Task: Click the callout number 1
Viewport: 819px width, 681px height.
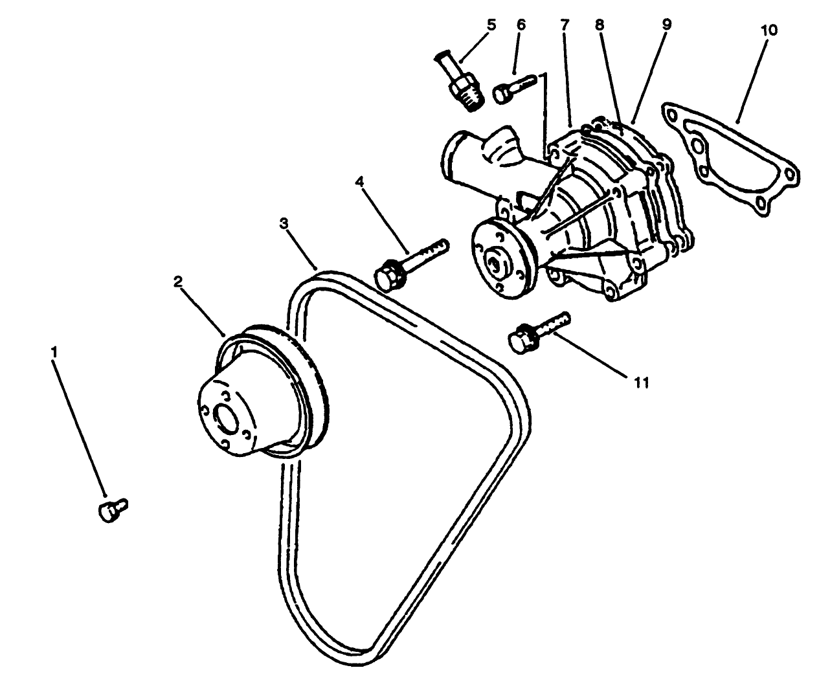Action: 55,352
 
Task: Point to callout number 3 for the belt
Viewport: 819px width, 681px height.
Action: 283,223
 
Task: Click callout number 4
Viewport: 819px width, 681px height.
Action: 359,181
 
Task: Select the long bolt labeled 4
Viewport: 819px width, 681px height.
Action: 411,262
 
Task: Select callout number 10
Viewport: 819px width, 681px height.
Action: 770,30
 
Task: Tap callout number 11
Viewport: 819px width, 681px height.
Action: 640,383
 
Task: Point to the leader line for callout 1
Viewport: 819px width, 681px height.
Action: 80,427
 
